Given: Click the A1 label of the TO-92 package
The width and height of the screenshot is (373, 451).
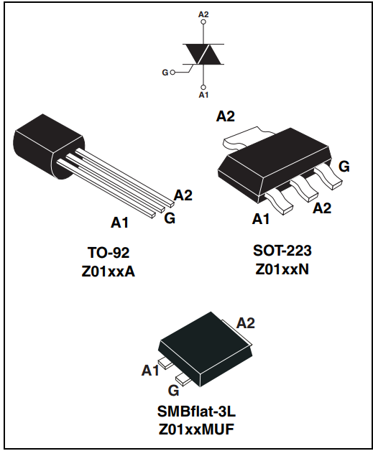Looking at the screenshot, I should point(119,223).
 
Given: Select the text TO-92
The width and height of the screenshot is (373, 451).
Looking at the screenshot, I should point(108,252).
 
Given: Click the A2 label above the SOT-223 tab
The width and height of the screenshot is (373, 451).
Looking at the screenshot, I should point(226,116).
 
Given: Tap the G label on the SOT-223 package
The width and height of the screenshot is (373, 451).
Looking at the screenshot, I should point(344,167).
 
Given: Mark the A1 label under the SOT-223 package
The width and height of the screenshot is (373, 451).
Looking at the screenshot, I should point(262,218).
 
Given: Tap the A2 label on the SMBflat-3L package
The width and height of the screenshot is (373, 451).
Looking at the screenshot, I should point(246,322).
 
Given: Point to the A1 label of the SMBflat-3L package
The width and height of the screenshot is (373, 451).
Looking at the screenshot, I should point(149,371).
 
